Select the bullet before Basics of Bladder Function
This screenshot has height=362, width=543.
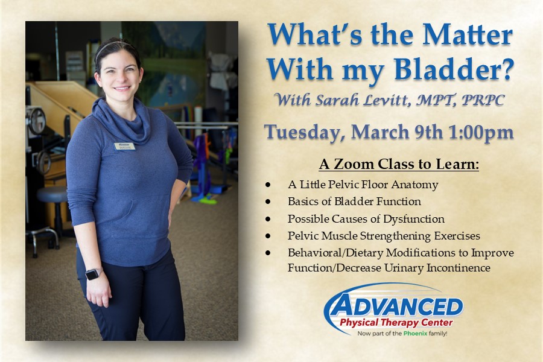[x=267, y=202]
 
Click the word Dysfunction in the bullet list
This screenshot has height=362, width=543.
[x=417, y=218]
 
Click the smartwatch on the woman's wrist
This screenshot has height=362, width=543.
[x=92, y=274]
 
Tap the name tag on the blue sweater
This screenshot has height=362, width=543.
[x=124, y=146]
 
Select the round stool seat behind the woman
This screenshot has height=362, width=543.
[x=51, y=194]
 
